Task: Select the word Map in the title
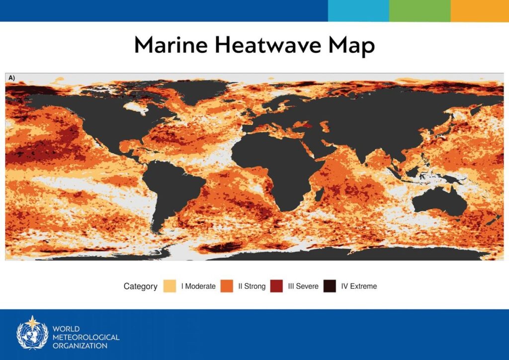(x=351, y=46)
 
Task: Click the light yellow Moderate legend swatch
(x=170, y=286)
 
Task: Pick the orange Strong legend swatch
(x=227, y=286)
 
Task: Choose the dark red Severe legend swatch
(x=276, y=286)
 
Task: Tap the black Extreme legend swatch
(x=330, y=286)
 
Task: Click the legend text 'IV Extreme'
(x=359, y=286)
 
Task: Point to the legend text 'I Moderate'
(x=198, y=286)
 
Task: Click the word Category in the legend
(x=140, y=286)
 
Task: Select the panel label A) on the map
(x=12, y=78)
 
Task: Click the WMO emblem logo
(x=32, y=333)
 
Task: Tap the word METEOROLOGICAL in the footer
(x=86, y=337)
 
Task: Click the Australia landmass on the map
(x=440, y=202)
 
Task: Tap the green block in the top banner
(x=420, y=11)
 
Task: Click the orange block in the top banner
(x=480, y=11)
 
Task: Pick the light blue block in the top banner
(x=359, y=11)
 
